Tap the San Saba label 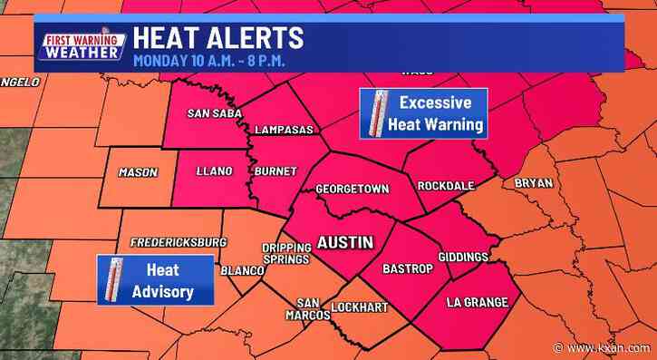click(211, 112)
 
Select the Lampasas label click(284, 131)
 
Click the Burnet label click(274, 170)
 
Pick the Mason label click(139, 172)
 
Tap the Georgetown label click(353, 189)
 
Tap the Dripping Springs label click(279, 253)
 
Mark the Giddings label click(463, 257)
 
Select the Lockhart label click(358, 306)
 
